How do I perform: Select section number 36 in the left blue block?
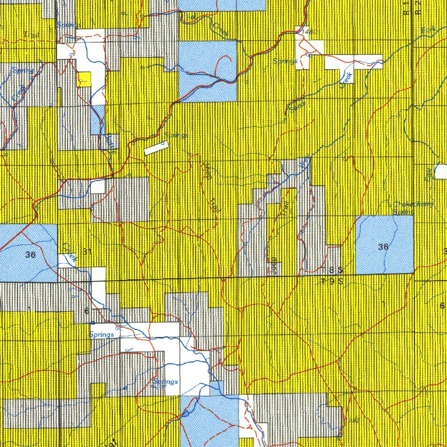click(30, 254)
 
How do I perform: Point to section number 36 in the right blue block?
click(382, 247)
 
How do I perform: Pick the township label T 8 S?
click(333, 270)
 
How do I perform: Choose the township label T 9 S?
click(333, 281)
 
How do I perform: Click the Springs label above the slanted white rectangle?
click(176, 135)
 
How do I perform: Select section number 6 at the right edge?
click(442, 306)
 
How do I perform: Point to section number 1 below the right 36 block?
click(384, 304)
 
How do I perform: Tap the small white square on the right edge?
click(441, 172)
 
